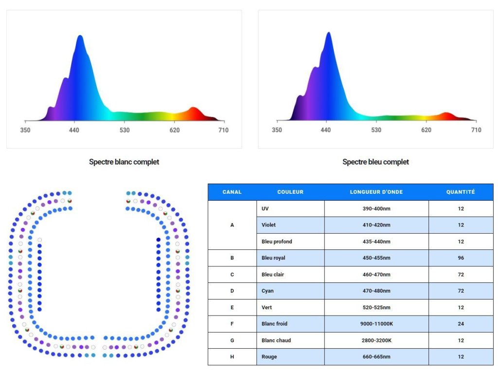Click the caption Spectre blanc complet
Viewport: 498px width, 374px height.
pos(124,162)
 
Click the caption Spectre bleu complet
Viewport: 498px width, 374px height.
pos(375,162)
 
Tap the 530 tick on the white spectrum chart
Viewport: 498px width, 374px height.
pos(125,130)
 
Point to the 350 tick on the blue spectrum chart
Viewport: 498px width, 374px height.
pos(277,130)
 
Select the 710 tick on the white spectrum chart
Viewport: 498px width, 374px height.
pos(223,130)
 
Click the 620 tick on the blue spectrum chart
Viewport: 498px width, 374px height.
pos(426,130)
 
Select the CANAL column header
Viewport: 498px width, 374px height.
pos(232,192)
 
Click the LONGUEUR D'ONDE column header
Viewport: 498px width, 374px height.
pos(376,192)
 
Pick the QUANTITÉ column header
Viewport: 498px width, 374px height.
pos(461,192)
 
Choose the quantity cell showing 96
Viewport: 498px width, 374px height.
pos(461,258)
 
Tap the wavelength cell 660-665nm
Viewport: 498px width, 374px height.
pos(376,357)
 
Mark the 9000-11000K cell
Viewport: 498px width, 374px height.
pos(376,324)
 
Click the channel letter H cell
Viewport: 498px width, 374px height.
pos(232,357)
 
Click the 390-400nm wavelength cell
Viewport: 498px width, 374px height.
pos(376,208)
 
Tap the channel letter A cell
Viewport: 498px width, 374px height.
pos(232,225)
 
